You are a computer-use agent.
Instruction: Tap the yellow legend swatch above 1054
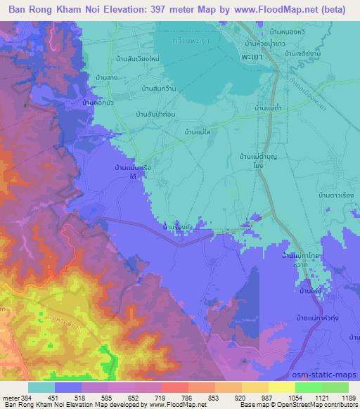tap(282, 387)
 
